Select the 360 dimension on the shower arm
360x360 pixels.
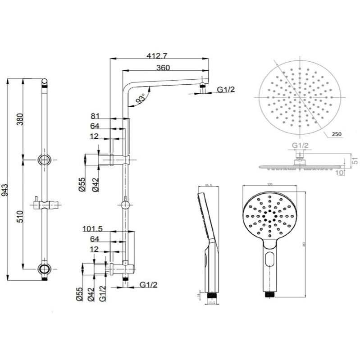[x=164, y=68]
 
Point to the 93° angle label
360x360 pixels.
[x=140, y=98]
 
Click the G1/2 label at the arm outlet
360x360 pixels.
[x=225, y=90]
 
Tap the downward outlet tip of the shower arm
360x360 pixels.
[x=204, y=84]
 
